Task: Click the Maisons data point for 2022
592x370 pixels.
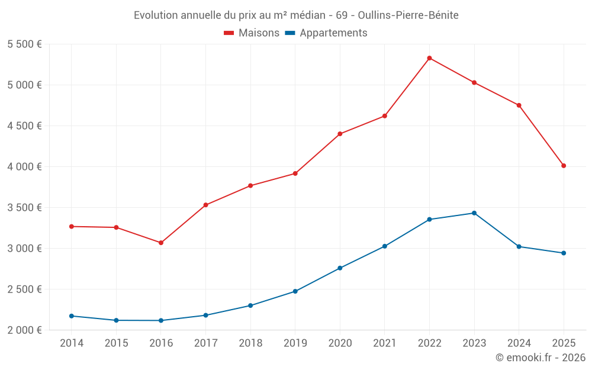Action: [x=429, y=58]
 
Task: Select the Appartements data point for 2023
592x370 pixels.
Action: [x=474, y=213]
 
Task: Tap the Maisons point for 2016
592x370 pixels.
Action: [x=161, y=243]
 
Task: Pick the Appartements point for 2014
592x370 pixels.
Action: [x=72, y=316]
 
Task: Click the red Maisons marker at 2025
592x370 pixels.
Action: [x=564, y=166]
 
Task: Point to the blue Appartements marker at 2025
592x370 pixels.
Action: [x=564, y=253]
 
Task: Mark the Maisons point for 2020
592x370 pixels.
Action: [x=340, y=134]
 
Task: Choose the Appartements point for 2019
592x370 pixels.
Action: [x=295, y=291]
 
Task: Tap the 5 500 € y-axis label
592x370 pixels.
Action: [x=24, y=44]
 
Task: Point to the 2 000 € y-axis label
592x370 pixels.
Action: [x=24, y=330]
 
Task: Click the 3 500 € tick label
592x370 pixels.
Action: [x=24, y=208]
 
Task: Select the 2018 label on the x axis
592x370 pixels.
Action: [x=250, y=343]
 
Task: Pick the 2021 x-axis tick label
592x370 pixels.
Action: [x=385, y=343]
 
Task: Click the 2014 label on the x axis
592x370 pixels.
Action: [x=72, y=343]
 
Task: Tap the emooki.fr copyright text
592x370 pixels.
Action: [x=540, y=358]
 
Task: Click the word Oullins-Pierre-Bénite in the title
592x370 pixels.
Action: [x=408, y=15]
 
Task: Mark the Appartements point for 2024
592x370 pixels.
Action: [x=519, y=246]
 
